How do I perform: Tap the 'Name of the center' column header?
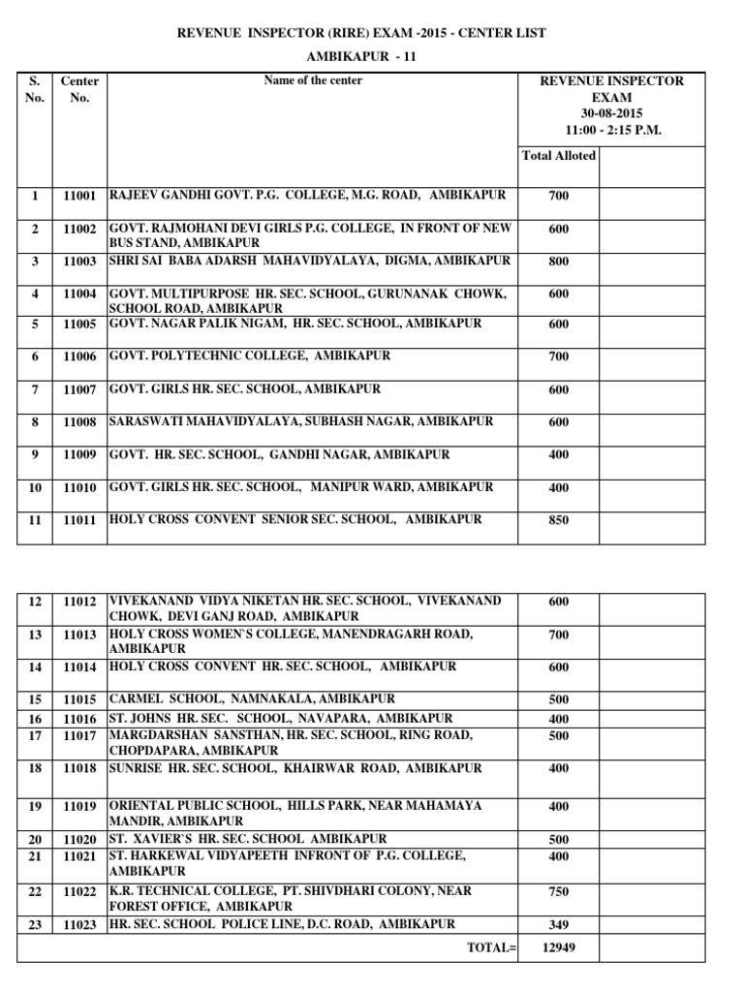tap(313, 80)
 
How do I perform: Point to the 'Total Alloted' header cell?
tap(559, 155)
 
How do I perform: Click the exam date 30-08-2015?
tap(611, 113)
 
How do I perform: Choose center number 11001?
tap(79, 196)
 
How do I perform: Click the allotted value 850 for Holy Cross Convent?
tap(558, 521)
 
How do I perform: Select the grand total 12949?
tap(558, 947)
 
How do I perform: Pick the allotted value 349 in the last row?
tap(558, 925)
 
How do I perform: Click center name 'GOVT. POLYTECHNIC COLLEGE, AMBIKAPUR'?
tap(250, 356)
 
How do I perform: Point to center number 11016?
tap(79, 720)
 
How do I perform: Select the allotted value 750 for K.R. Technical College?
tap(558, 892)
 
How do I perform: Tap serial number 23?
tap(35, 925)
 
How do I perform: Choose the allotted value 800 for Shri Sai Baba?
tap(558, 262)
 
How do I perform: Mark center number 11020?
tap(79, 840)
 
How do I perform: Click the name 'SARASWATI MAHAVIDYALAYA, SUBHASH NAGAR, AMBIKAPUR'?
tap(301, 422)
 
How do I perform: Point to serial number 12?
tap(35, 603)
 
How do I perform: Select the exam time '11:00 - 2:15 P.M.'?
tap(611, 130)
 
